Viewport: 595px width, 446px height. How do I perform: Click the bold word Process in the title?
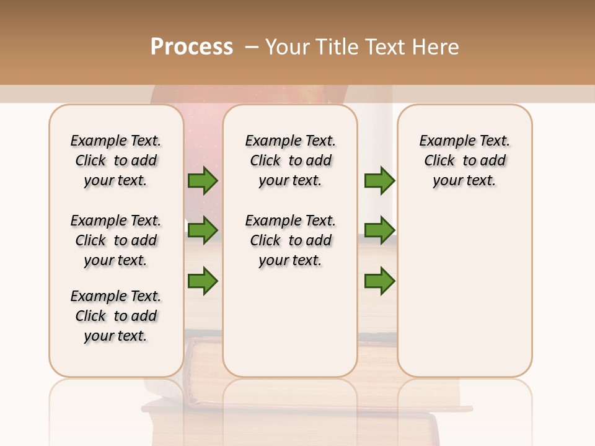[x=192, y=47]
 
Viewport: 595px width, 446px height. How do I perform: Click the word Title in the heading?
[x=337, y=47]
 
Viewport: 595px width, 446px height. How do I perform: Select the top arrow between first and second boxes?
[x=203, y=181]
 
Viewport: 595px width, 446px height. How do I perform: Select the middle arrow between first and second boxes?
[x=203, y=230]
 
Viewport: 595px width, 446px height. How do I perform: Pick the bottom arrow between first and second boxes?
[x=203, y=281]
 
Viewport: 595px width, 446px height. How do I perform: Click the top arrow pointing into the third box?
[x=379, y=181]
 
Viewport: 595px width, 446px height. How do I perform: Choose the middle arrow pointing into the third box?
[x=379, y=230]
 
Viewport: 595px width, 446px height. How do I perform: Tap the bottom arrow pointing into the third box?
[x=379, y=281]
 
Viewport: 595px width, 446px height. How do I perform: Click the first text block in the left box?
[x=116, y=160]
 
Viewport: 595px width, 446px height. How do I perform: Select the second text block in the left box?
[x=116, y=240]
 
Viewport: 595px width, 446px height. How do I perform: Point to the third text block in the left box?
[x=116, y=316]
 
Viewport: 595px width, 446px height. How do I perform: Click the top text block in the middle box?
[x=290, y=160]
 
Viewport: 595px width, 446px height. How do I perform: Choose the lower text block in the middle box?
[x=290, y=240]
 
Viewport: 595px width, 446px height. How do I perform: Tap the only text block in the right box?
[x=464, y=160]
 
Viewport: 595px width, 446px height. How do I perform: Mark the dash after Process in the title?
[x=251, y=47]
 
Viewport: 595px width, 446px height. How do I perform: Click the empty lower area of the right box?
[x=464, y=297]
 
